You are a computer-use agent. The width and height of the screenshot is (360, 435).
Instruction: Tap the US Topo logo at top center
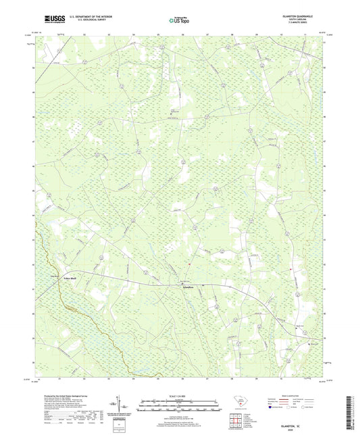pos(180,20)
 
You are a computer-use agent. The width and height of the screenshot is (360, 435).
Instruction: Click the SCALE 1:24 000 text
pos(180,396)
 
